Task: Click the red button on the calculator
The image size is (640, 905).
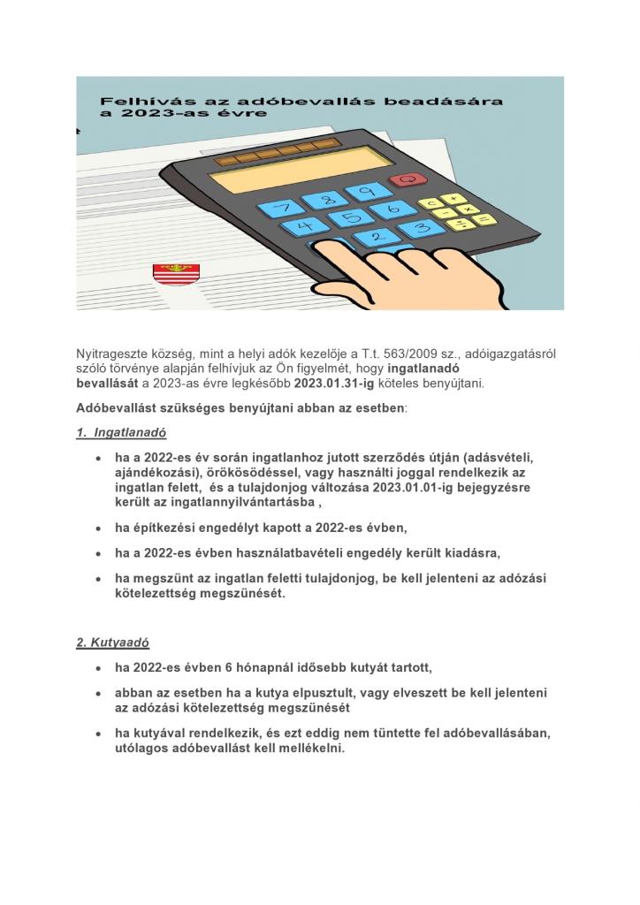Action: click(408, 180)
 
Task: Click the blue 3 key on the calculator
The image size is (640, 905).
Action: click(421, 229)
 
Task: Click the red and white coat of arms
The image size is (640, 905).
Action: click(164, 274)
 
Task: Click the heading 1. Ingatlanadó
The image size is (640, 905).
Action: click(121, 433)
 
